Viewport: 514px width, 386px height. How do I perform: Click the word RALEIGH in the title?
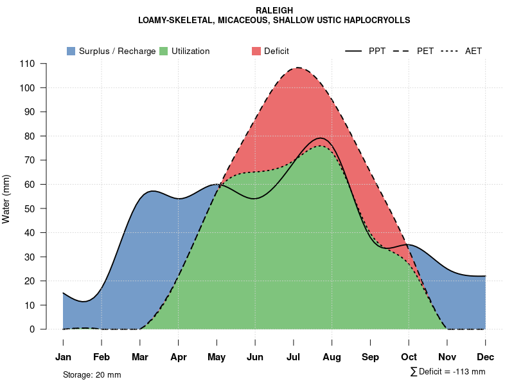[274, 10]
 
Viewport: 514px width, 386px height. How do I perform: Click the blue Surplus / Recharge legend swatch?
[71, 51]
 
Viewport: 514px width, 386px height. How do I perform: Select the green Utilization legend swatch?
[164, 51]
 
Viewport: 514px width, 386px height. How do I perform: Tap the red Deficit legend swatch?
[256, 51]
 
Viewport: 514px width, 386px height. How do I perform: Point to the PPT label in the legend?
[377, 51]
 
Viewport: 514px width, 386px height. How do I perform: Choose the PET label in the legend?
[425, 51]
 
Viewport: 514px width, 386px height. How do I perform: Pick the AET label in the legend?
[474, 51]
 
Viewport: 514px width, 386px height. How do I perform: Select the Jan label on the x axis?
[63, 357]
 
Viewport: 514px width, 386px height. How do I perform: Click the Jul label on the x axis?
[294, 357]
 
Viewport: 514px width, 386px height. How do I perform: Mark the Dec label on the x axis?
[486, 357]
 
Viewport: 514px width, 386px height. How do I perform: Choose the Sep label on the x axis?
[370, 357]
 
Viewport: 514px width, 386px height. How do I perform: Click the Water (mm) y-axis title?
[6, 199]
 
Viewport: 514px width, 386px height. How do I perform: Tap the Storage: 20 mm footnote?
[92, 374]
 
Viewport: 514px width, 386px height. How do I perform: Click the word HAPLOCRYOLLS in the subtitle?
[377, 20]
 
